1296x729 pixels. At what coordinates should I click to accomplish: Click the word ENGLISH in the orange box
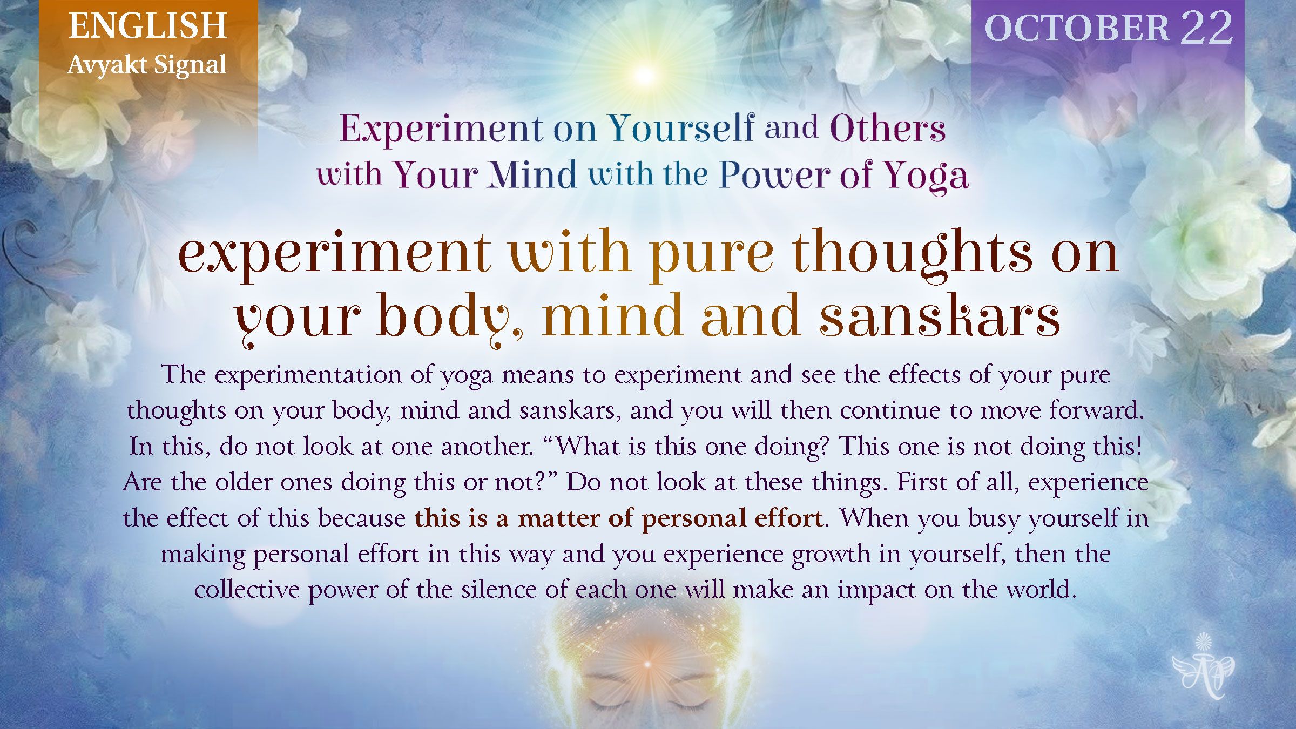147,26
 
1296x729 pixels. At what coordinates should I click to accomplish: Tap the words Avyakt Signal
147,65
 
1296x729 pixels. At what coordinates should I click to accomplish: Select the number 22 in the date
1206,28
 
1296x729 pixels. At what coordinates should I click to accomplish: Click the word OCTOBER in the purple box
1077,28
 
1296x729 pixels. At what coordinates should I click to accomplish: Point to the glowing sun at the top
644,75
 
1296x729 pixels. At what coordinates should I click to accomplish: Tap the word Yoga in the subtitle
926,176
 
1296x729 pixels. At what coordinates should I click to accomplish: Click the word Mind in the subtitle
533,175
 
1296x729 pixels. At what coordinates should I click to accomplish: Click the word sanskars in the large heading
940,315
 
